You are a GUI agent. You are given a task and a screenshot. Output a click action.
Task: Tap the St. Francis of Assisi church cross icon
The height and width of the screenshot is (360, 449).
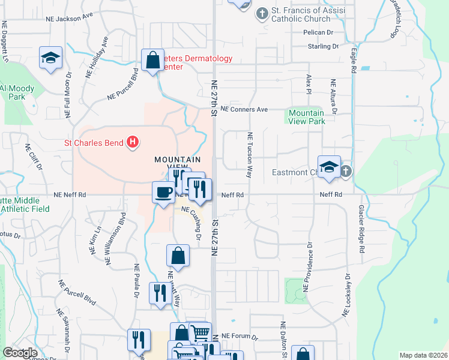point(262,13)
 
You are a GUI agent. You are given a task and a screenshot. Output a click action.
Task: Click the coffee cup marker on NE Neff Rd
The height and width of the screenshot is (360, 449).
point(162,192)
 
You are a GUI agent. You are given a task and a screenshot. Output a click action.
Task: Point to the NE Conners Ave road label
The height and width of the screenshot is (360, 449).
point(244,110)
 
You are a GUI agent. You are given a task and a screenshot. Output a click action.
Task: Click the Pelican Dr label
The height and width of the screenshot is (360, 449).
point(318,32)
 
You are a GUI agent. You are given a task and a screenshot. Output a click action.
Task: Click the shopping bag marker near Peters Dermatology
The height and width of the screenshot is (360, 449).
point(152,59)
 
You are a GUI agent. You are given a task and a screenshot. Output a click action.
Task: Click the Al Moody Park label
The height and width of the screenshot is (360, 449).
point(17,92)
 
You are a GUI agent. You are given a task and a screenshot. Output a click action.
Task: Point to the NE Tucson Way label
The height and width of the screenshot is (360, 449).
point(249,155)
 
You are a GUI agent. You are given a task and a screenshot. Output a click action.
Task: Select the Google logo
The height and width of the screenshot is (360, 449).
point(20,353)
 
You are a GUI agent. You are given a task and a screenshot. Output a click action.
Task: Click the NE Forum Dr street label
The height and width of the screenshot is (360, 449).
point(240,337)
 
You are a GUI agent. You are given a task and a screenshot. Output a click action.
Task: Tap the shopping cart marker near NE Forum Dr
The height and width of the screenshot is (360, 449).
point(200,332)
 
